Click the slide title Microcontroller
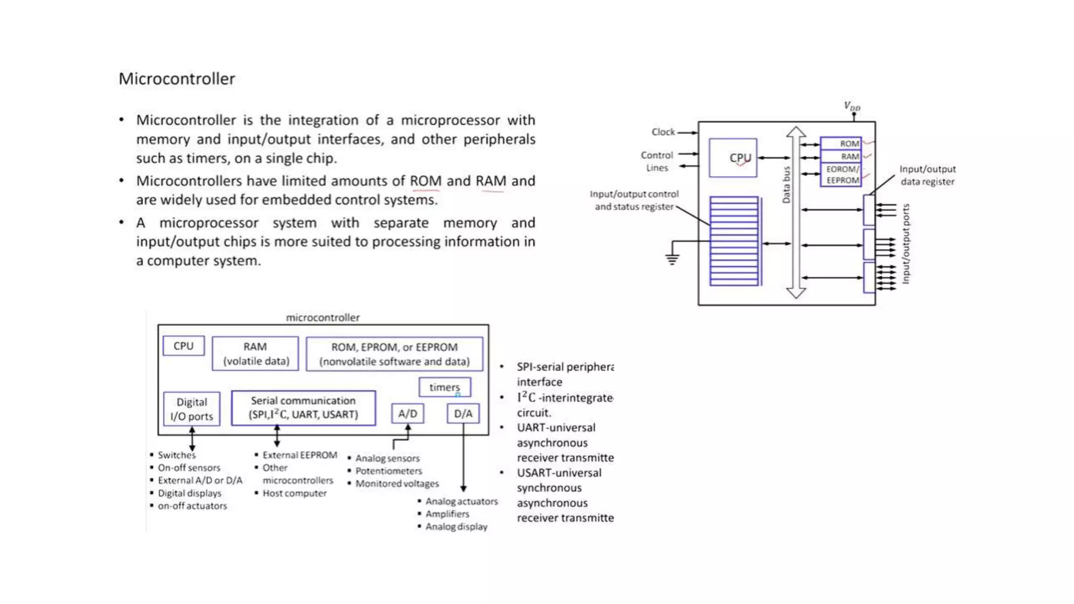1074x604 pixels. (x=177, y=79)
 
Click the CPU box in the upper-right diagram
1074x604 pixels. (x=733, y=158)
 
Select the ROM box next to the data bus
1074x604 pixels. (x=841, y=144)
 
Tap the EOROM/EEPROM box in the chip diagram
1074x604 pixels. (x=841, y=175)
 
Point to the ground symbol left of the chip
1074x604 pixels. (x=672, y=258)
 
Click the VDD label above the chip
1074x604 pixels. (x=852, y=106)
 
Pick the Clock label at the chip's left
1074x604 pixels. (x=663, y=132)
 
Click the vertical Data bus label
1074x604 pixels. (x=786, y=185)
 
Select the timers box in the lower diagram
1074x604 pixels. (x=444, y=387)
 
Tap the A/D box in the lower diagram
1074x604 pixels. (x=407, y=414)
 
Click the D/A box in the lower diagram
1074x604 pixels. (x=463, y=414)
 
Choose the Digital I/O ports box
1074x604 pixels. (x=191, y=409)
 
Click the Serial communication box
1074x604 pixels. (x=303, y=407)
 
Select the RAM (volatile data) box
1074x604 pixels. (x=255, y=354)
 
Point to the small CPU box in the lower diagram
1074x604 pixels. (x=184, y=346)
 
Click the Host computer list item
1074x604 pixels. (x=294, y=493)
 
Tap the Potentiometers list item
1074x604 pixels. (x=389, y=471)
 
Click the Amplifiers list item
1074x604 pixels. (x=447, y=514)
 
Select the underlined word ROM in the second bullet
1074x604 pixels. (x=425, y=181)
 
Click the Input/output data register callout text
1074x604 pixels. (x=927, y=175)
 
